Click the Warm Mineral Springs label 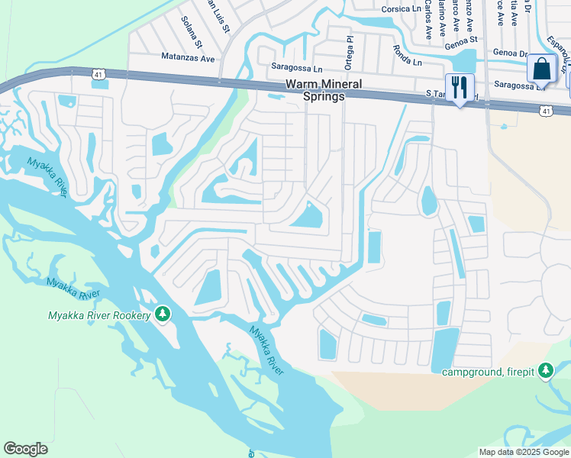tap(315, 91)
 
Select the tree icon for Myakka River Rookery tap(162, 314)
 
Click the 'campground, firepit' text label tap(489, 372)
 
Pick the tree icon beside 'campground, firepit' tap(545, 371)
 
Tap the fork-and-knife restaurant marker tap(460, 87)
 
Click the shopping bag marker tap(541, 69)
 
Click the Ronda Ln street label tap(407, 54)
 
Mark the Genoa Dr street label tap(511, 53)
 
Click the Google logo tap(25, 449)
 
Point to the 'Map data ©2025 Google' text tap(523, 452)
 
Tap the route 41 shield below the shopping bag tap(545, 111)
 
